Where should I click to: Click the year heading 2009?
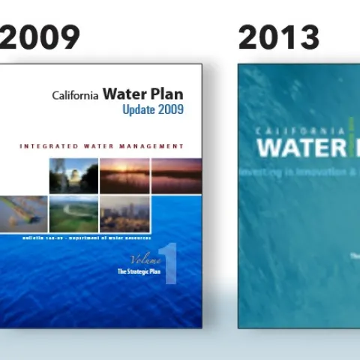(x=39, y=36)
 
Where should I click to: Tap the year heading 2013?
(x=279, y=36)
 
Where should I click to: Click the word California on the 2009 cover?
(x=76, y=96)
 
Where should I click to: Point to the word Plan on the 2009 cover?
(x=166, y=94)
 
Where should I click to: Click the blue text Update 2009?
(x=153, y=110)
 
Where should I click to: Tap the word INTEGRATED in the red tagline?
(x=51, y=145)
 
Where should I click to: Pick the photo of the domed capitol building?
(x=73, y=175)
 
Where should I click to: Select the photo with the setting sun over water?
(x=124, y=175)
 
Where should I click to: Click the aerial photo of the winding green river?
(x=73, y=214)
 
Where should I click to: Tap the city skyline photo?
(x=124, y=214)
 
